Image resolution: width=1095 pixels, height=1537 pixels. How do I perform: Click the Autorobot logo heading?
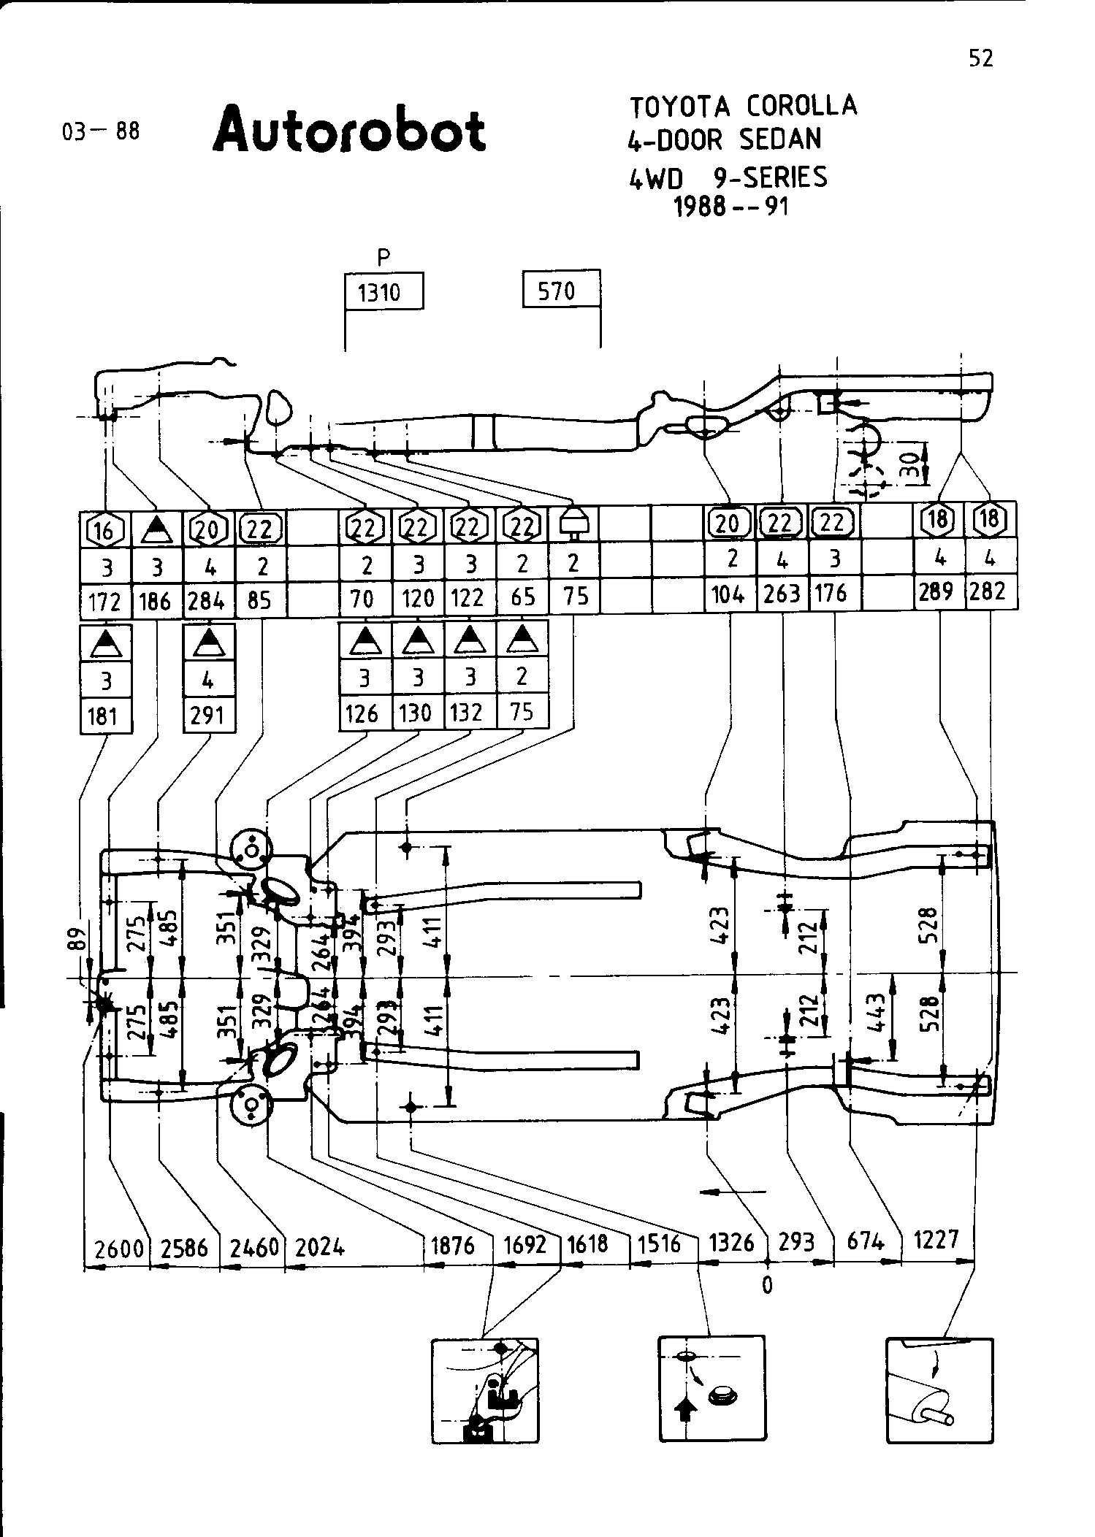tap(349, 131)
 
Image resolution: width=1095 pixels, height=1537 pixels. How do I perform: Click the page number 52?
tap(981, 58)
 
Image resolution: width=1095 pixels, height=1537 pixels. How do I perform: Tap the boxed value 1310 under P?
tap(383, 293)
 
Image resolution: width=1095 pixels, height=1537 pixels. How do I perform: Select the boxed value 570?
tap(560, 291)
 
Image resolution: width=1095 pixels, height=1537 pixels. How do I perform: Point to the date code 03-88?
tap(101, 131)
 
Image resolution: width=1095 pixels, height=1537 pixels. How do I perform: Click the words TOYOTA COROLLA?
tap(743, 107)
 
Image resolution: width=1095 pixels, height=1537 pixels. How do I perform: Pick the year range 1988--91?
tap(731, 207)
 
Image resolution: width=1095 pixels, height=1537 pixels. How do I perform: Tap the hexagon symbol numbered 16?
tap(104, 529)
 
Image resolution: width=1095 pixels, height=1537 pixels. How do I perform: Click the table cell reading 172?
tap(104, 602)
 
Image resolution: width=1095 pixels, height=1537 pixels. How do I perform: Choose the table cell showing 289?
tap(937, 591)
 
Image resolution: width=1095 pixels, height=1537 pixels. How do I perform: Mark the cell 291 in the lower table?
tap(207, 716)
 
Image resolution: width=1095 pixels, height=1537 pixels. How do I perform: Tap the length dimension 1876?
tap(453, 1245)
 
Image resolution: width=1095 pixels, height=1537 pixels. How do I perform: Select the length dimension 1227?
tap(936, 1239)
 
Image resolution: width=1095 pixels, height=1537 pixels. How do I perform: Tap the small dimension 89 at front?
tap(79, 939)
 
